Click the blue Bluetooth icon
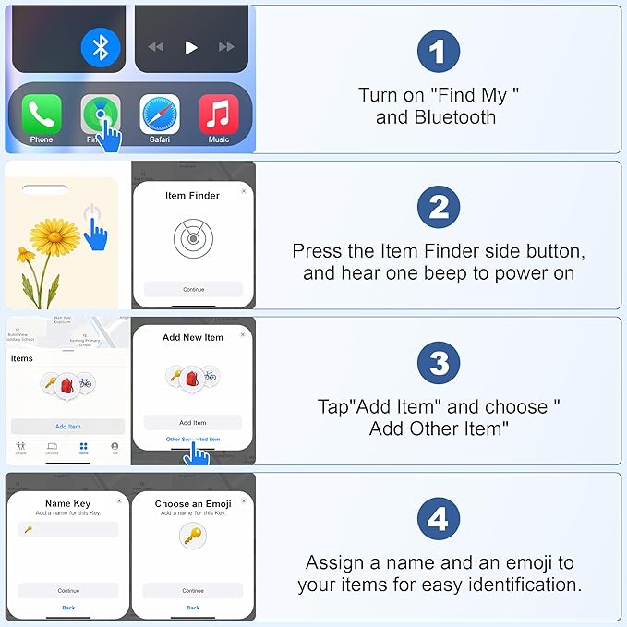101,47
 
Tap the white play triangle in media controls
191,47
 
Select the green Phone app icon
42,115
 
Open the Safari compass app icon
159,115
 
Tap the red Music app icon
218,115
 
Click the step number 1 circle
438,51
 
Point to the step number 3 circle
438,364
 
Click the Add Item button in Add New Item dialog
193,423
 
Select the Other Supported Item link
193,440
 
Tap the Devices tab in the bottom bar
52,449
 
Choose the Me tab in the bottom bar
115,449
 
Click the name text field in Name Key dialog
68,529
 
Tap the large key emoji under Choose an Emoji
193,536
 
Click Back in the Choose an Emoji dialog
193,608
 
